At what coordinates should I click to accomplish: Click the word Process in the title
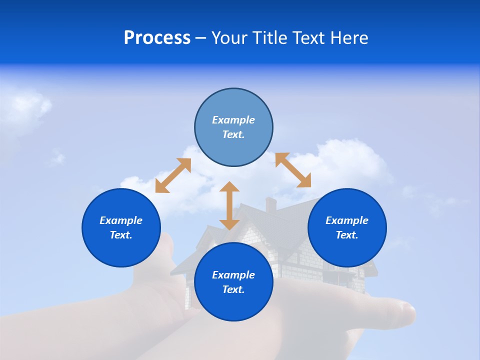157,38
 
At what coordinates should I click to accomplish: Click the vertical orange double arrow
229,205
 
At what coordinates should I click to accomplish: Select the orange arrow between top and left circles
173,175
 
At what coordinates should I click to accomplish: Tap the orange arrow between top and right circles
293,170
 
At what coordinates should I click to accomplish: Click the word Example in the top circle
233,120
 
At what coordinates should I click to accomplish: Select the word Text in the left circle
121,235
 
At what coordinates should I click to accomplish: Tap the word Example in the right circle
347,220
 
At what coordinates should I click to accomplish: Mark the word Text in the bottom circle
233,289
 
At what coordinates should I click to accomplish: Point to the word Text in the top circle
233,134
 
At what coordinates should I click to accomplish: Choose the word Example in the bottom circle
233,275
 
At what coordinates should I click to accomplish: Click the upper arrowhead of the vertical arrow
229,187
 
